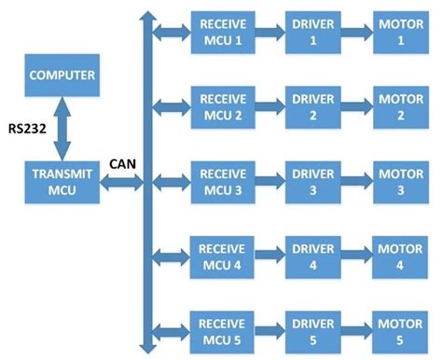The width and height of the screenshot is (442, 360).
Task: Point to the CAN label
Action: click(124, 163)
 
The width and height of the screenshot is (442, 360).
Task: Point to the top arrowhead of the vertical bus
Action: click(145, 15)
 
